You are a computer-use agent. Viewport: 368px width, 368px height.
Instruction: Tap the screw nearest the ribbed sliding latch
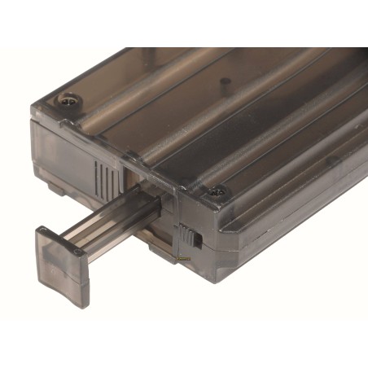pyautogui.click(x=215, y=192)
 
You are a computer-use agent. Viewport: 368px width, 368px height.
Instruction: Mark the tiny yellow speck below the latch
pyautogui.click(x=184, y=260)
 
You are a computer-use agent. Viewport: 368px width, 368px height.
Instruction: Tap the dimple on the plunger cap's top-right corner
pyautogui.click(x=78, y=253)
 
